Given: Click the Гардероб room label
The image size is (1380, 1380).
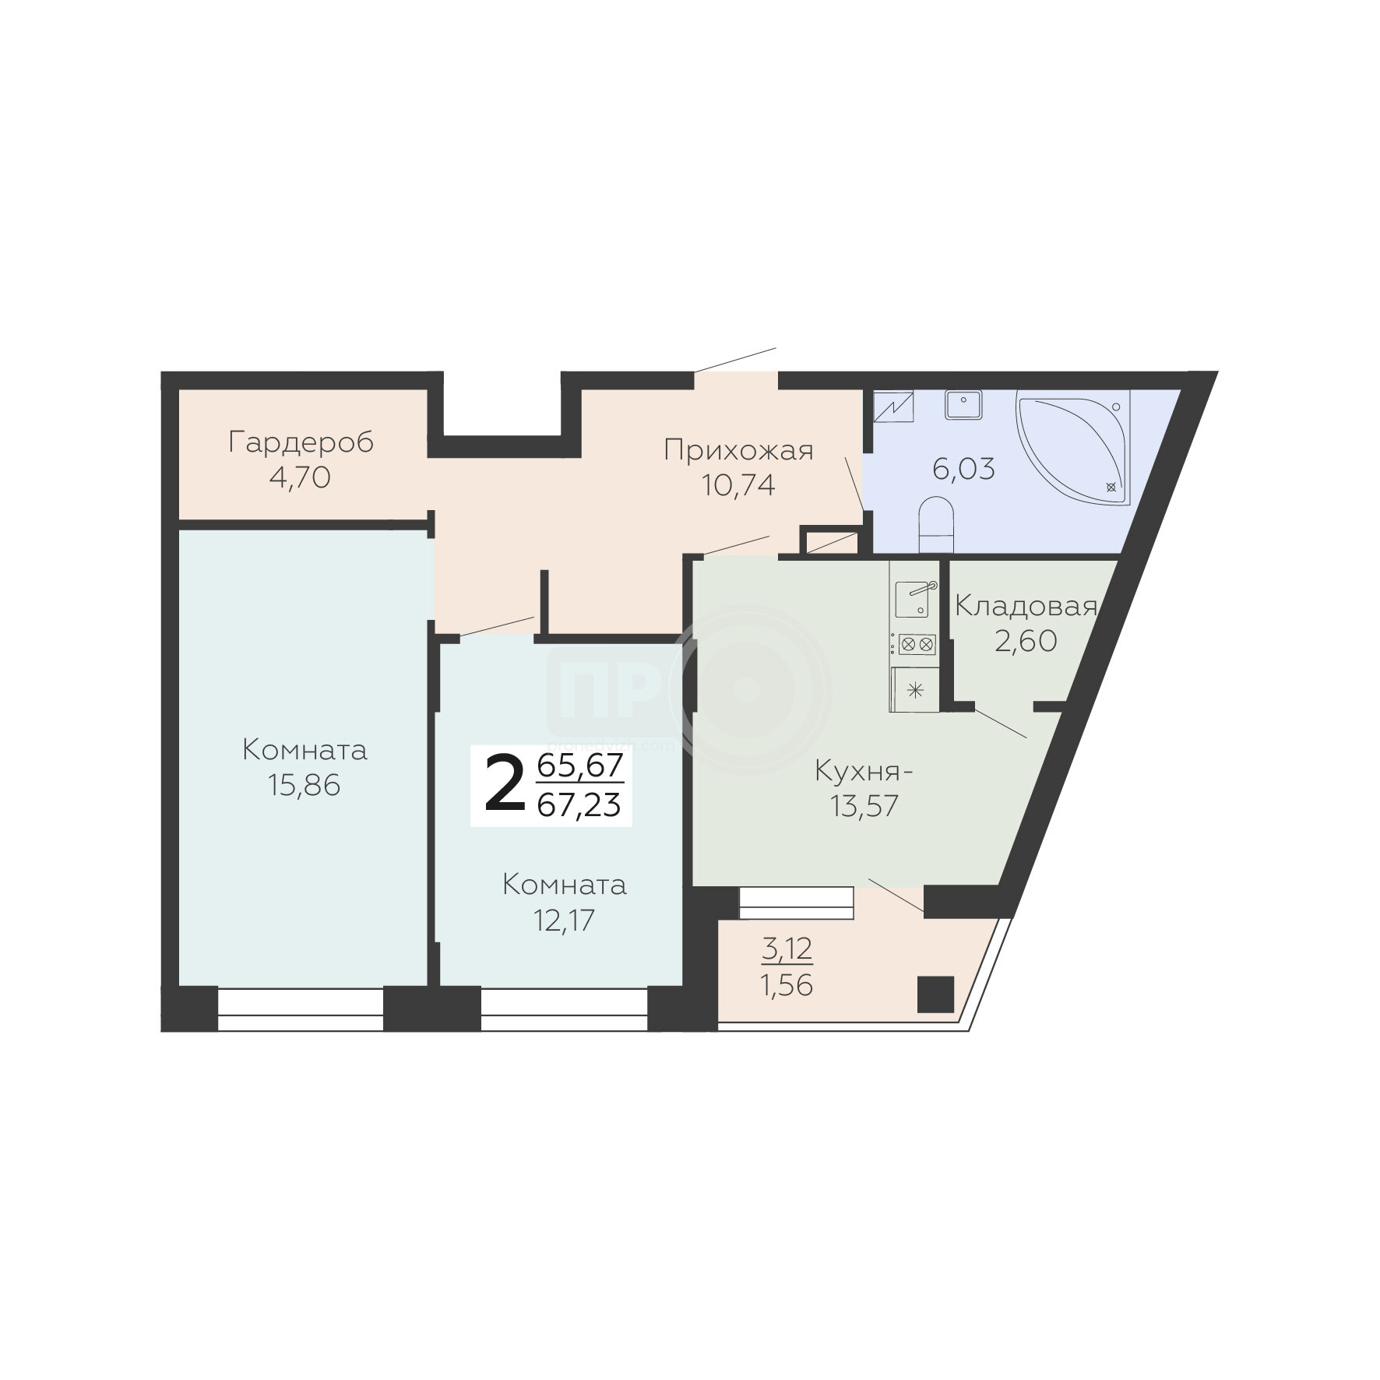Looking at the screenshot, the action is pos(301,443).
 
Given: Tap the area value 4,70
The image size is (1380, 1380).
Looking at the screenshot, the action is pos(300,477).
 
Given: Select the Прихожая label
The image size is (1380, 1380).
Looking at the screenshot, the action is pos(738,451).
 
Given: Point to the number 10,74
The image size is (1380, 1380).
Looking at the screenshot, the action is pos(738,486).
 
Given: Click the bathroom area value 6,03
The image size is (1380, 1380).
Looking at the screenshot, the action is pos(964,470).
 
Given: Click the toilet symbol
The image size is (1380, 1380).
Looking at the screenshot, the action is pos(935,526).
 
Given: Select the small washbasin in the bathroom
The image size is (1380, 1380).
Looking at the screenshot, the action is pos(963,404).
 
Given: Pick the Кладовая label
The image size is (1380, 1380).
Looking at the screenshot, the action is pos(1026,607).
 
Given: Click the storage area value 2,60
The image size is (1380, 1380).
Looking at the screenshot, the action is pos(1026,641).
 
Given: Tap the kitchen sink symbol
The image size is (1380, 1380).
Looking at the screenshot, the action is pos(914,600).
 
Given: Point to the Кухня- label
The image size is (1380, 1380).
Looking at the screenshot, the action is pos(864,772).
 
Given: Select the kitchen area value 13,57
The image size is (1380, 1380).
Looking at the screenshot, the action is pos(864,807).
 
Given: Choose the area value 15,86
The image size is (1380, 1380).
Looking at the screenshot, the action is pos(305,786).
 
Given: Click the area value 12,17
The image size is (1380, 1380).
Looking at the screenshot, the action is pos(564,921).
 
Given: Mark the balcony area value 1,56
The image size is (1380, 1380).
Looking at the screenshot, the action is pos(787,986).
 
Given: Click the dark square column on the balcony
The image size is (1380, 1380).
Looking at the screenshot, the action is pos(935,995).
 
